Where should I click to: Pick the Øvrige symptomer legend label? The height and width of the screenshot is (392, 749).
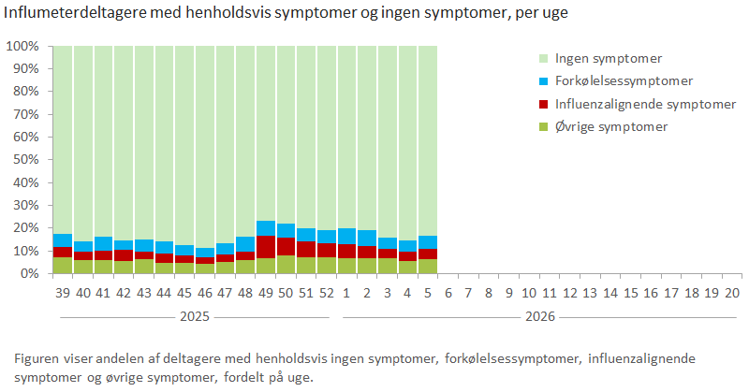[x=611, y=126]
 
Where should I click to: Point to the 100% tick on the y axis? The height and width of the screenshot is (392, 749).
[x=22, y=46]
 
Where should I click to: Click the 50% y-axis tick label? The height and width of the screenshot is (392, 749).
[x=24, y=160]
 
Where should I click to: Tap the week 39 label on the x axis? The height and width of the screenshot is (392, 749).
[x=62, y=293]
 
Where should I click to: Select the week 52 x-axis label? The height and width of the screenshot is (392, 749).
[x=327, y=293]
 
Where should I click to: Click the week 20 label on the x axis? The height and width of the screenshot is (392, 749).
[x=732, y=293]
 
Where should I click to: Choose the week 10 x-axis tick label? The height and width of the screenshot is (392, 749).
[x=529, y=293]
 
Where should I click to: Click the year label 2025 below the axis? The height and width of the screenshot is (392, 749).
[x=194, y=316]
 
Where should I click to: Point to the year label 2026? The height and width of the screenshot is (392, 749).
[x=540, y=316]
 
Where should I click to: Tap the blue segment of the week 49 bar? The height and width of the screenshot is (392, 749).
[x=266, y=228]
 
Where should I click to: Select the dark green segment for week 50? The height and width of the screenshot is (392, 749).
[x=286, y=265]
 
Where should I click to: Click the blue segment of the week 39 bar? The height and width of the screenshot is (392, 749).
[x=62, y=240]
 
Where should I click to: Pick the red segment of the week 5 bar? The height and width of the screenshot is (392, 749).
[x=429, y=254]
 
